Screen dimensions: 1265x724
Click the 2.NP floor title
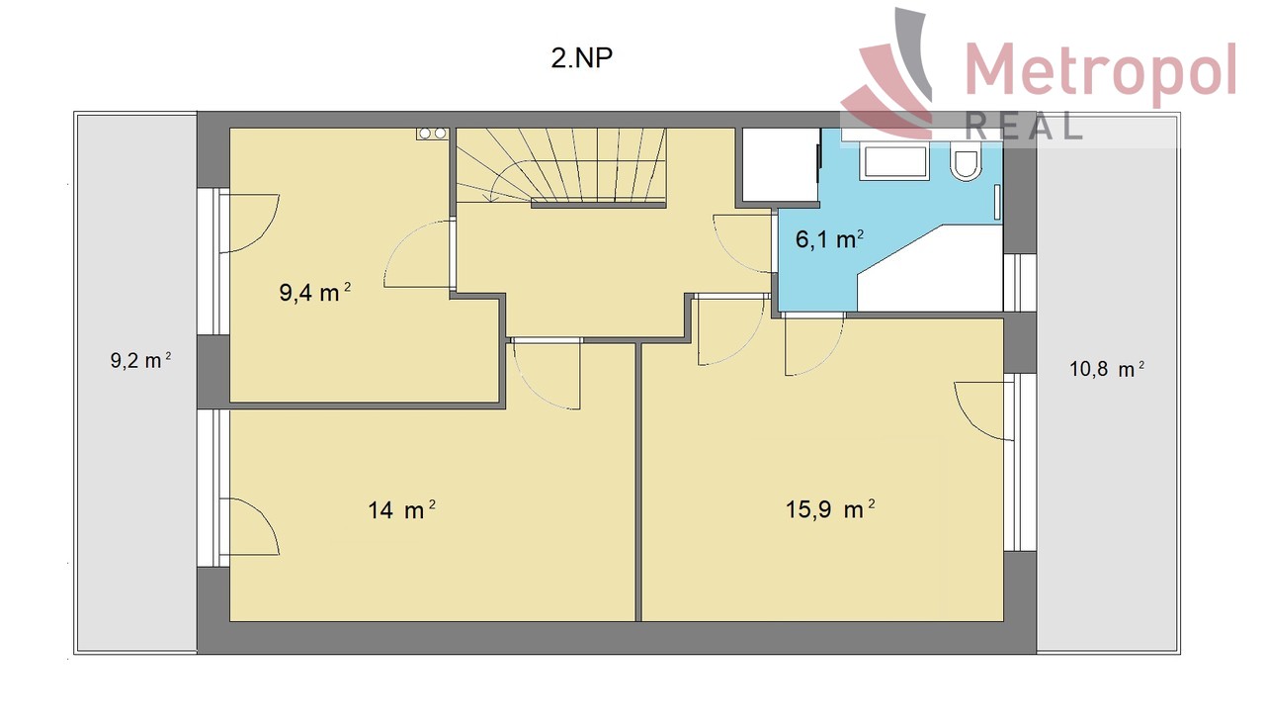click(x=581, y=57)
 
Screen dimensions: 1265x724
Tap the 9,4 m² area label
click(x=314, y=292)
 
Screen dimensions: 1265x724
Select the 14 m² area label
click(x=401, y=509)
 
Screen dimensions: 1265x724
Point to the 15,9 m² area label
click(x=830, y=509)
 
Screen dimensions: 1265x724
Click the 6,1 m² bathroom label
click(x=829, y=239)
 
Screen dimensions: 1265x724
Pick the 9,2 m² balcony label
click(x=140, y=360)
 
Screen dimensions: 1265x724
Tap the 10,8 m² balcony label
click(x=1107, y=369)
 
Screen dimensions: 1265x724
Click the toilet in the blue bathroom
click(x=966, y=160)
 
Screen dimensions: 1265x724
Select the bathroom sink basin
click(x=894, y=162)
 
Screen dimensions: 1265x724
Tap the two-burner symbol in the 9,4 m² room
click(x=432, y=134)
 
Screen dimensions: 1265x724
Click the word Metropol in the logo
click(x=1101, y=70)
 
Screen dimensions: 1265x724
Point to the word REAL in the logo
click(x=1023, y=126)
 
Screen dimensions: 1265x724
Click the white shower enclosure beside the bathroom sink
click(x=781, y=164)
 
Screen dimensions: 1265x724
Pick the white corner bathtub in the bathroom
click(x=930, y=268)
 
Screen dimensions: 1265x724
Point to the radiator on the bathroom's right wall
click(x=998, y=202)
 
